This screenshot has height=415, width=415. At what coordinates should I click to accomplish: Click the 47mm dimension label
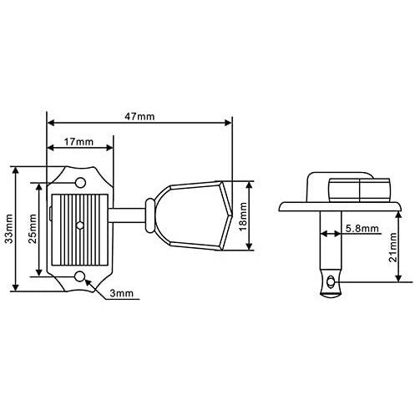click(139, 116)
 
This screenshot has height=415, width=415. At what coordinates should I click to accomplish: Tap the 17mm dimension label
click(78, 142)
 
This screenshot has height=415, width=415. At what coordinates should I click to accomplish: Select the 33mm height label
click(9, 229)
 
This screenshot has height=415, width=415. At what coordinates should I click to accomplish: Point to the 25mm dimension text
click(33, 229)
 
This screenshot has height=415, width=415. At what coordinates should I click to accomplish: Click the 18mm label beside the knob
click(243, 216)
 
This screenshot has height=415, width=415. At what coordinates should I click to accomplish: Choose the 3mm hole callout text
click(121, 293)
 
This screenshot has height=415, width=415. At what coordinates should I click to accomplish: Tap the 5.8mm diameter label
click(362, 229)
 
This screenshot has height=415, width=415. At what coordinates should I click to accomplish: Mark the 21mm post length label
click(393, 247)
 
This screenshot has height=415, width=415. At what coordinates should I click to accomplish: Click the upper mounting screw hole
click(80, 182)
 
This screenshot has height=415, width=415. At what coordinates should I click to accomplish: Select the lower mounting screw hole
click(80, 276)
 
